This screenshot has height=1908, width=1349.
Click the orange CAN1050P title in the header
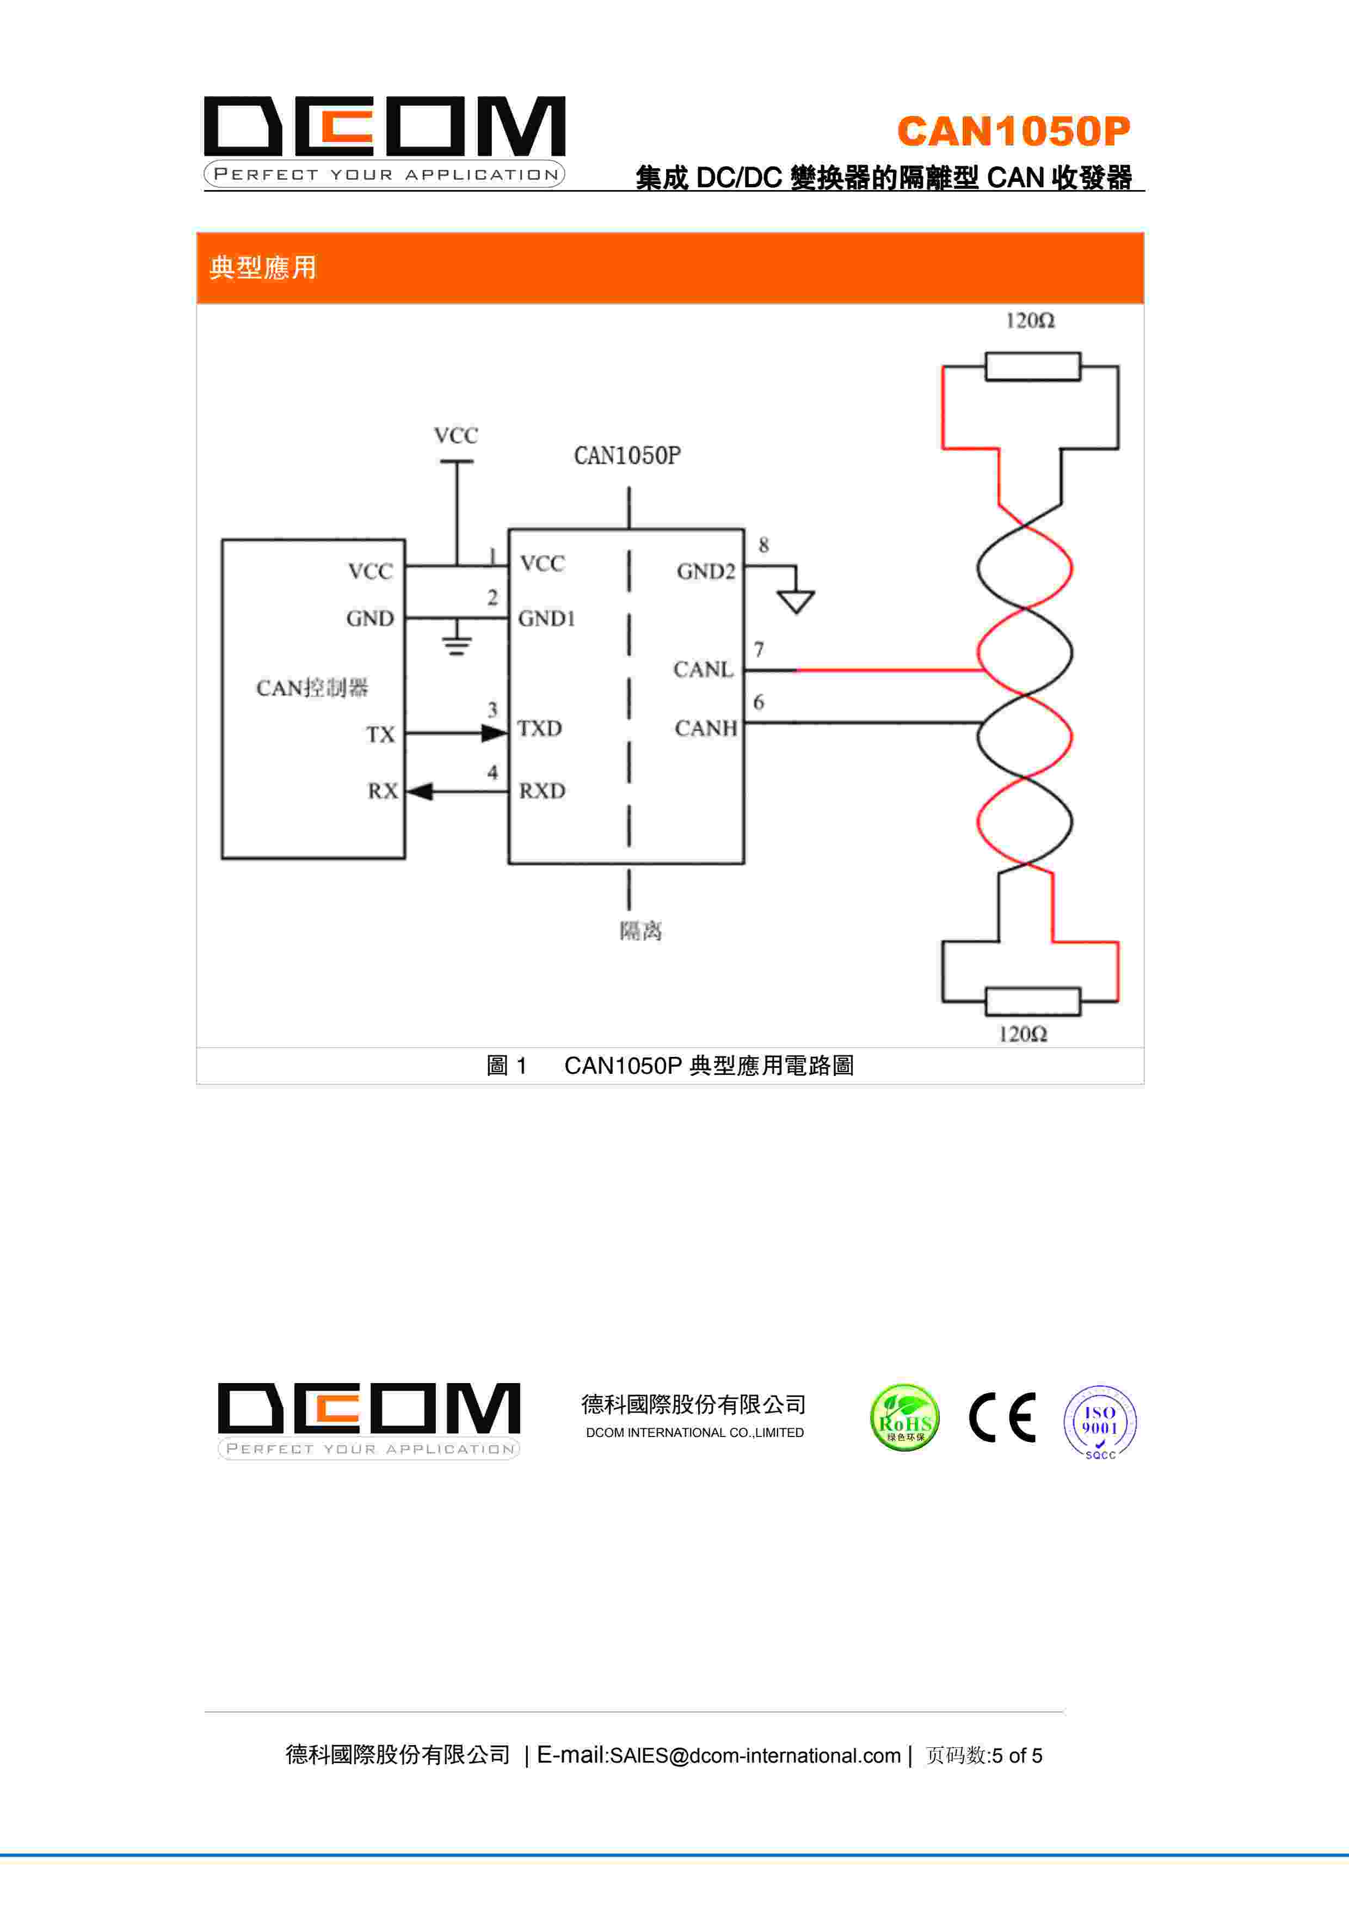pyautogui.click(x=1013, y=131)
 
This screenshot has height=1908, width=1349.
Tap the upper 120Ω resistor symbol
pyautogui.click(x=1032, y=366)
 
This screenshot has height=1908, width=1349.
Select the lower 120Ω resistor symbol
pyautogui.click(x=1032, y=1001)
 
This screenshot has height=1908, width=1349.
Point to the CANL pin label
pyautogui.click(x=703, y=670)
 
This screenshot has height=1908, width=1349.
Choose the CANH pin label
pyautogui.click(x=705, y=729)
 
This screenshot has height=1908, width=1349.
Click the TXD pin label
pyautogui.click(x=540, y=729)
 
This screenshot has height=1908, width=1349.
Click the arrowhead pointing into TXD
pyautogui.click(x=494, y=733)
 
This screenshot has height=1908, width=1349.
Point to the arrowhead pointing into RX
pyautogui.click(x=420, y=791)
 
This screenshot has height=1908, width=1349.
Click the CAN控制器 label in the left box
pyautogui.click(x=311, y=688)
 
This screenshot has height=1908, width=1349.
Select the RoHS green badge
pyautogui.click(x=904, y=1418)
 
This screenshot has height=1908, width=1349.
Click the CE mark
pyautogui.click(x=1002, y=1418)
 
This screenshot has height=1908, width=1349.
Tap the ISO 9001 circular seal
pyautogui.click(x=1100, y=1421)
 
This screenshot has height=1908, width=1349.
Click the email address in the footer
pyautogui.click(x=754, y=1755)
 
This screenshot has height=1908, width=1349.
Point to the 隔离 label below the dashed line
pyautogui.click(x=640, y=931)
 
